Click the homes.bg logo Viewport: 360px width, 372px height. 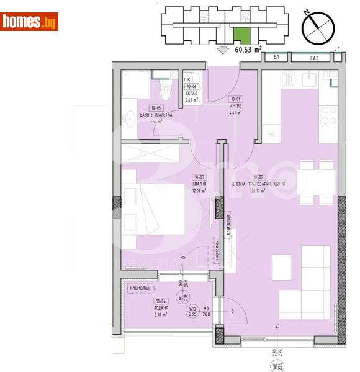tap(30, 22)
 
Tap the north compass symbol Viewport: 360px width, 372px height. tap(318, 27)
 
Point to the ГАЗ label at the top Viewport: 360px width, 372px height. tap(315, 58)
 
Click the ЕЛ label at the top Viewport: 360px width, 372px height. tap(276, 58)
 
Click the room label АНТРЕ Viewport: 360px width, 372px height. tap(236, 105)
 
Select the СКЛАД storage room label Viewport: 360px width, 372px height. tap(192, 94)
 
